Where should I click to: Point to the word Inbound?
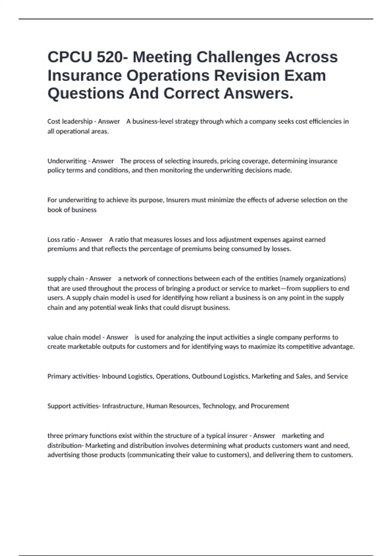pos(114,376)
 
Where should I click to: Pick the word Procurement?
pos(270,406)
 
